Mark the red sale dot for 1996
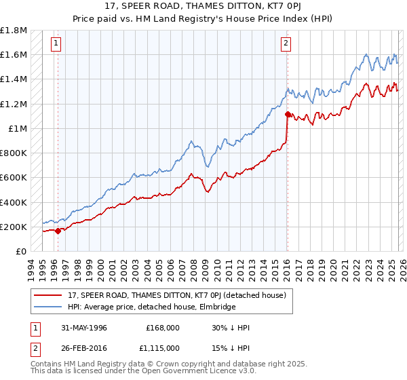(58, 231)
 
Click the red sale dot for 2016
(288, 115)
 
